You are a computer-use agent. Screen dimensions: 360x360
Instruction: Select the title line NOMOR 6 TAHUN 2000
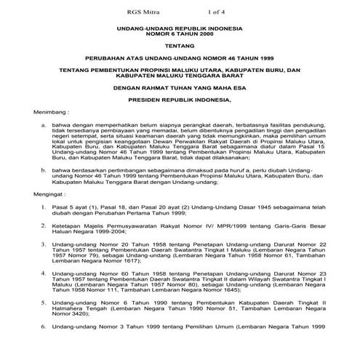pyautogui.click(x=180, y=35)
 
